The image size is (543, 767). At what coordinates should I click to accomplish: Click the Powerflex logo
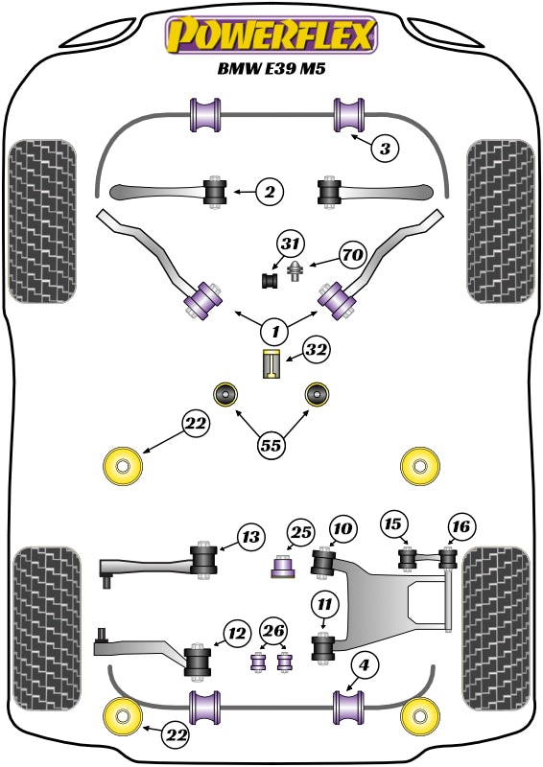tap(271, 35)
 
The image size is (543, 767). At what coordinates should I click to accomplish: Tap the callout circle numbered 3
tap(384, 149)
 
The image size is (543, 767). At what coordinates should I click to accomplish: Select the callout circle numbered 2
tap(270, 193)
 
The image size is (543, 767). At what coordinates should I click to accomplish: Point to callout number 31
tap(291, 244)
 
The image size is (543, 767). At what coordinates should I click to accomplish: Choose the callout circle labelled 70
tap(352, 256)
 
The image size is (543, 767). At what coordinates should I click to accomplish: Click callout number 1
tap(275, 332)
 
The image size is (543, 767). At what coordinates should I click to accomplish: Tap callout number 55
tap(271, 444)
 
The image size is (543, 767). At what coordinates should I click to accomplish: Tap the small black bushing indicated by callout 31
tap(271, 280)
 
